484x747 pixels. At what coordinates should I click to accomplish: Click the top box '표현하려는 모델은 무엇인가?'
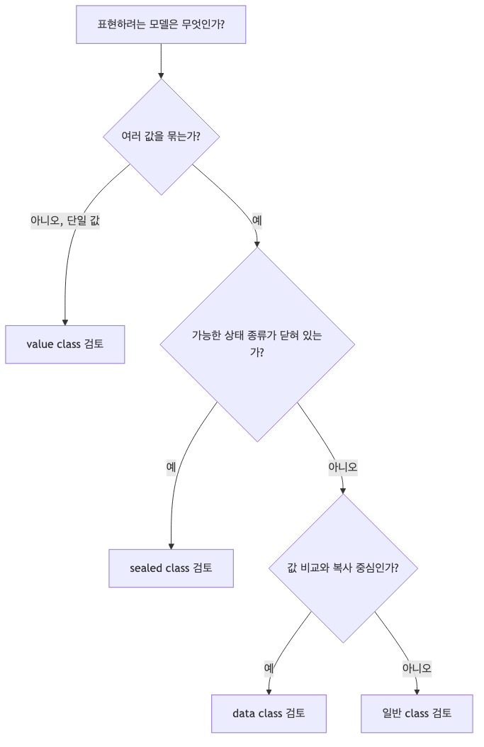click(x=161, y=25)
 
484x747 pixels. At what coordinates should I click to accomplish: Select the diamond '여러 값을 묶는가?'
click(x=161, y=137)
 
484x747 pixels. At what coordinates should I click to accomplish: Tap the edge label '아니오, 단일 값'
click(x=65, y=220)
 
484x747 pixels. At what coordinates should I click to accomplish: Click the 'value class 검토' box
click(x=65, y=344)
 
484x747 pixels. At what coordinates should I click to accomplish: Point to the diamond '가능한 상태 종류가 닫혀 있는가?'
click(x=257, y=344)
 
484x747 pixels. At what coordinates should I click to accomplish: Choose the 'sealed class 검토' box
click(x=171, y=568)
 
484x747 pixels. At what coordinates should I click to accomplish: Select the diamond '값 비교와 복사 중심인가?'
click(x=343, y=568)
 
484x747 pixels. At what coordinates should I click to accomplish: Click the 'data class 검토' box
click(x=269, y=714)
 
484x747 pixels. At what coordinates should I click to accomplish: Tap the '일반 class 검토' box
click(x=417, y=714)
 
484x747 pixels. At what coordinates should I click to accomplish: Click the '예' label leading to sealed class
click(x=171, y=467)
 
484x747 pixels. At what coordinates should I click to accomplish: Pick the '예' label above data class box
click(x=269, y=668)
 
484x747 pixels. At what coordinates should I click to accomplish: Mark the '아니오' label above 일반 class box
click(x=417, y=668)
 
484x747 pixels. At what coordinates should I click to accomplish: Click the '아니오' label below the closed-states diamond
click(x=342, y=467)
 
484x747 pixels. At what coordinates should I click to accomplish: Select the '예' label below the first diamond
click(x=257, y=220)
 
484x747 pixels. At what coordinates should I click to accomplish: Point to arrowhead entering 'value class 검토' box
click(x=65, y=321)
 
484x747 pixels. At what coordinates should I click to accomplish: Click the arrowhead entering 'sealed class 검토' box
click(x=171, y=545)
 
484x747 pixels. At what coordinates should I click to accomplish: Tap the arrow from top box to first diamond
click(x=161, y=60)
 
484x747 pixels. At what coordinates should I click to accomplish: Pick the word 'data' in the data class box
click(x=244, y=714)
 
